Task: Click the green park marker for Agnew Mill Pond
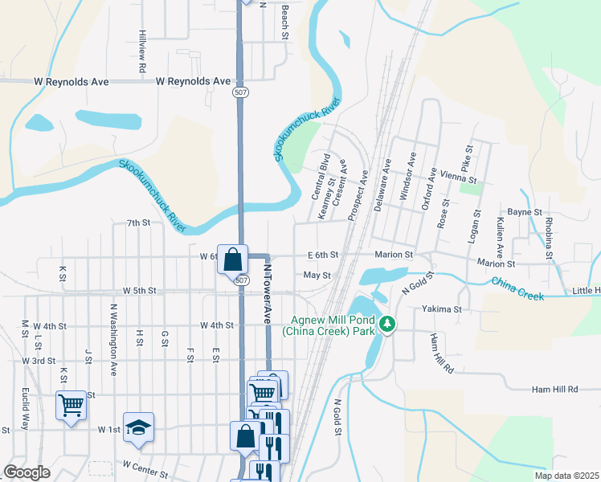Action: pos(388,324)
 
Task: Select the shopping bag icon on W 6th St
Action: pos(232,259)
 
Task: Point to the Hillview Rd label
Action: pos(141,52)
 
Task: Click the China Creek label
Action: pos(517,288)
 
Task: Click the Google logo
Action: pos(27,472)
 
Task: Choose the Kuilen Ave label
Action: pos(501,231)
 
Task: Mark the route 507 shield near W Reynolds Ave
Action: pos(240,93)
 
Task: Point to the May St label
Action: pos(317,275)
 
